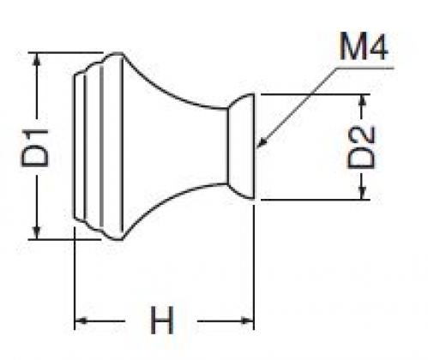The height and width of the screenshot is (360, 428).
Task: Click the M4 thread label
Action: (363, 46)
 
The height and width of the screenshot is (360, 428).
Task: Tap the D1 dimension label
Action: (35, 147)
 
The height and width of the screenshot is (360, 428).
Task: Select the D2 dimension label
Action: (361, 147)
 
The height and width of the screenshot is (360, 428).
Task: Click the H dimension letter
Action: (162, 320)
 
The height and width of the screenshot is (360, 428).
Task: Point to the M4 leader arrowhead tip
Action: (256, 147)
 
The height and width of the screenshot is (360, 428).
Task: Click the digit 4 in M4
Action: (377, 46)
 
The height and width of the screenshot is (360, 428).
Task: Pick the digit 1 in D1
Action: (35, 135)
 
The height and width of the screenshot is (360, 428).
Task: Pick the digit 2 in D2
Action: (361, 135)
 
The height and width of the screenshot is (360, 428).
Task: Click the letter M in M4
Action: (352, 46)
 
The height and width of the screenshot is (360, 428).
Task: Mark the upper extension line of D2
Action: (316, 94)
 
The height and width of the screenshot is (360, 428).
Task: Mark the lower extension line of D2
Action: (316, 200)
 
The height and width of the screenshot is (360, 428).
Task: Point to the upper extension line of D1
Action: (66, 52)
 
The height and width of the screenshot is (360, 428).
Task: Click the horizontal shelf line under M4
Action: (365, 68)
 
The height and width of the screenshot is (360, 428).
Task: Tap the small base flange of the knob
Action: (241, 147)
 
